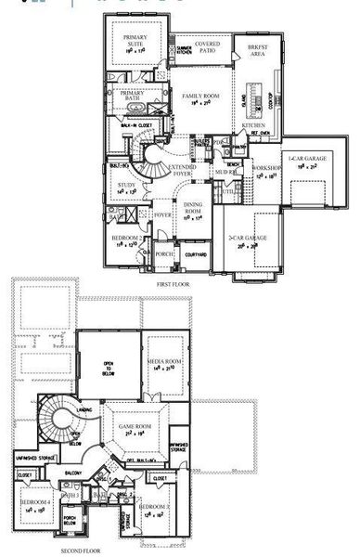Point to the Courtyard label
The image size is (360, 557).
[196, 251]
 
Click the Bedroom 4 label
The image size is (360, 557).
[37, 502]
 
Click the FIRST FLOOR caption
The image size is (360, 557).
[174, 282]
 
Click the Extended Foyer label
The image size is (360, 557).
[182, 169]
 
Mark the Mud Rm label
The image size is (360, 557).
[225, 173]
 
